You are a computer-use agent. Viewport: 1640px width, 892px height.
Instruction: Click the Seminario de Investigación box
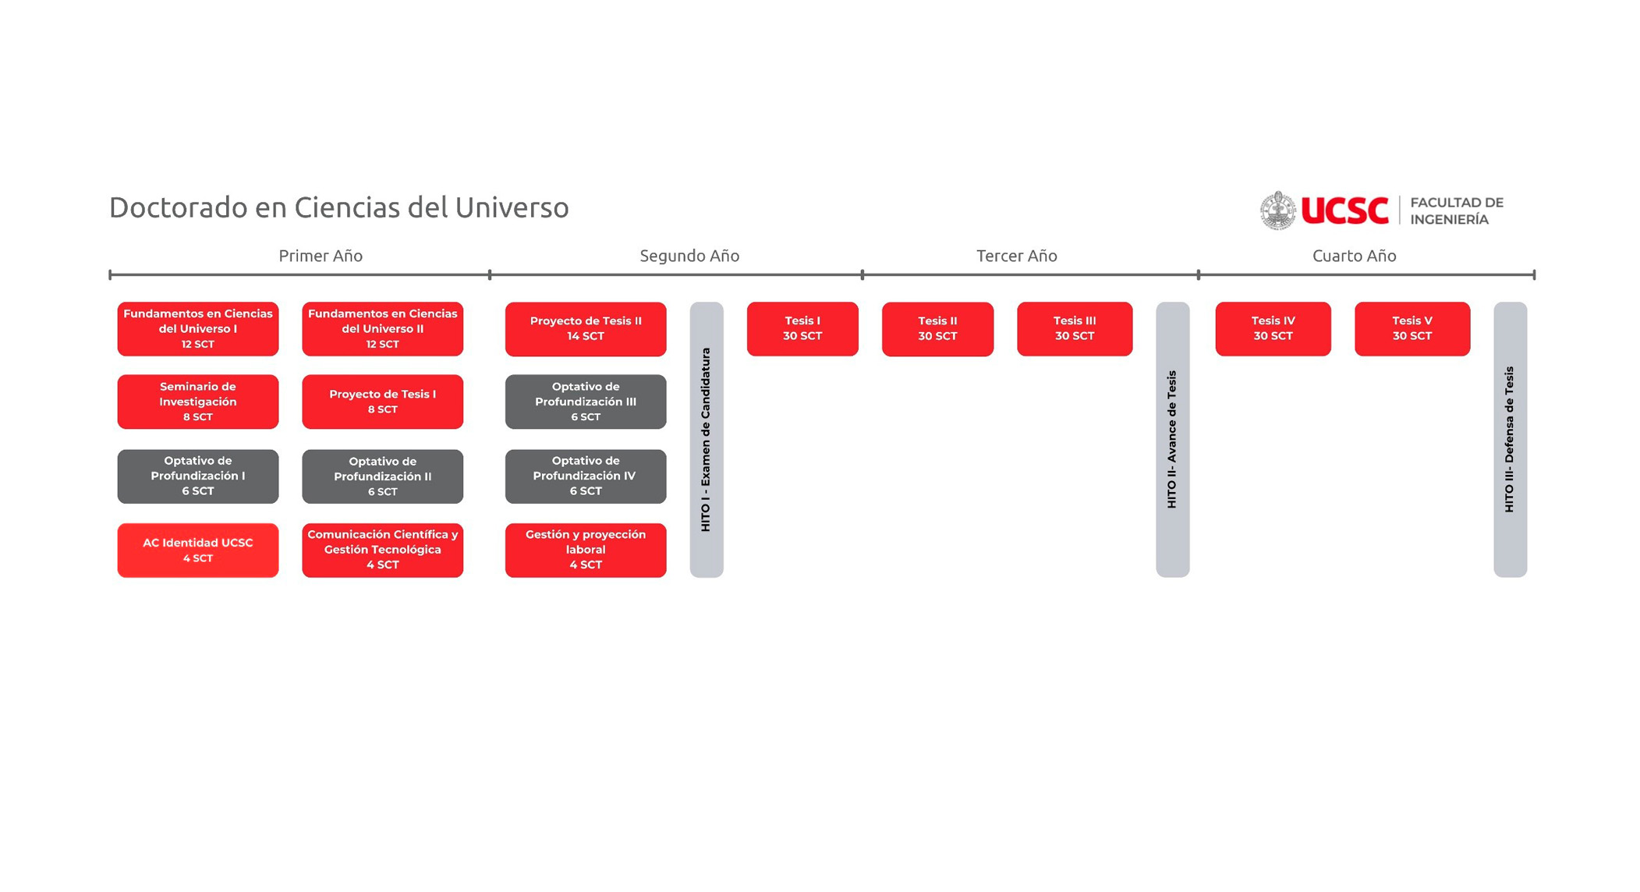(197, 402)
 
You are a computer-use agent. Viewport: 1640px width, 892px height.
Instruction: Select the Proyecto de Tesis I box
(382, 402)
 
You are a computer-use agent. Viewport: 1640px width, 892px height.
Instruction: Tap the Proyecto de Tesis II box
(585, 328)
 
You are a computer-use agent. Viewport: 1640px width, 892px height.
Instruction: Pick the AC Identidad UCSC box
(197, 550)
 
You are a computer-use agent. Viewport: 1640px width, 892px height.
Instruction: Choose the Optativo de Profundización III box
(585, 402)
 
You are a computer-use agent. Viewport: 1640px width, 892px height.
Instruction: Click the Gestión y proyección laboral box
(585, 550)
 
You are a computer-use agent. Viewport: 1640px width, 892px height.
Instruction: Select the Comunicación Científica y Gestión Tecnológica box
(382, 550)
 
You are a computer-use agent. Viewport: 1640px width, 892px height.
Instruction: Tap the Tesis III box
(1074, 328)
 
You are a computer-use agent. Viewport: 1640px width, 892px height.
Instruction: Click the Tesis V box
(1412, 328)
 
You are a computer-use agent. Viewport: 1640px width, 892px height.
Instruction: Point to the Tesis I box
(802, 328)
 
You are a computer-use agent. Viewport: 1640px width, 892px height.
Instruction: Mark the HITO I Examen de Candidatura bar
(706, 439)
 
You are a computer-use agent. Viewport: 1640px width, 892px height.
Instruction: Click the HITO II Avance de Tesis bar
(1171, 439)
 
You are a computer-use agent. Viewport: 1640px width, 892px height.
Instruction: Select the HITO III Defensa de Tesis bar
(1509, 439)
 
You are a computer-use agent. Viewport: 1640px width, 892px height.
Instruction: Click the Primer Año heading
(321, 256)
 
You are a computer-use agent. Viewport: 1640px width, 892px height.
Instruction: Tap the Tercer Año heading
(1016, 256)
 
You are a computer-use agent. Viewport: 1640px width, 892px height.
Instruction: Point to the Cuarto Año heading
(1354, 256)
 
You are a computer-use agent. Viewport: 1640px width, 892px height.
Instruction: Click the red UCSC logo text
(1344, 211)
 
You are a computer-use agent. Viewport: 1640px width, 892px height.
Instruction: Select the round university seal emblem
(1277, 211)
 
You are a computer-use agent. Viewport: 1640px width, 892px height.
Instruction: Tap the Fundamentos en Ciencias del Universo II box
(382, 328)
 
